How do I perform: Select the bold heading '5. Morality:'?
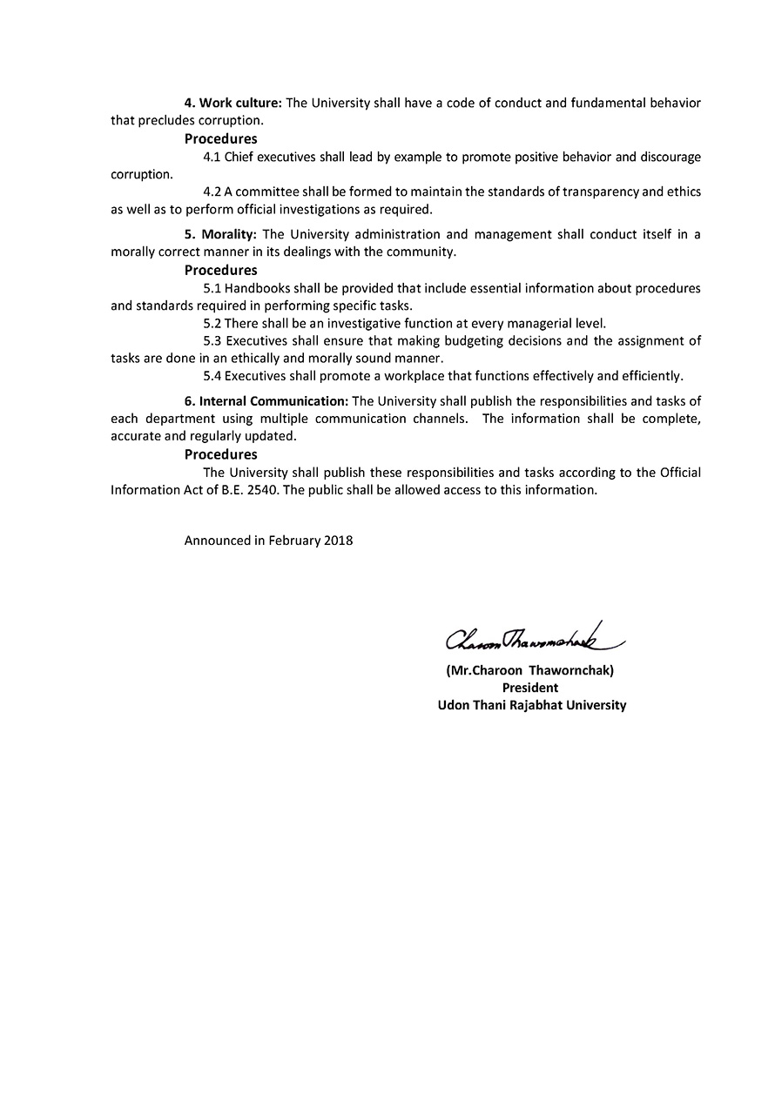[220, 234]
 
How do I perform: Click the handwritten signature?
[536, 641]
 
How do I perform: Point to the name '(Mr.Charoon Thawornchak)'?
[536, 671]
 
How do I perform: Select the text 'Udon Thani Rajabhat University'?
[531, 705]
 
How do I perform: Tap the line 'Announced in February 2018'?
[268, 541]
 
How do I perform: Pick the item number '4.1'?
[212, 158]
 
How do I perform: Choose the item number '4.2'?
[212, 191]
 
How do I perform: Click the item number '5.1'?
[212, 288]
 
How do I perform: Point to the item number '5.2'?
[212, 323]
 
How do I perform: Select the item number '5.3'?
[212, 340]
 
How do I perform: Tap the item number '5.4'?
[212, 376]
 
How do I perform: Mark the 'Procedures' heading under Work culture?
[220, 138]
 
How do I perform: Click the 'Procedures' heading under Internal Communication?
[220, 454]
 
